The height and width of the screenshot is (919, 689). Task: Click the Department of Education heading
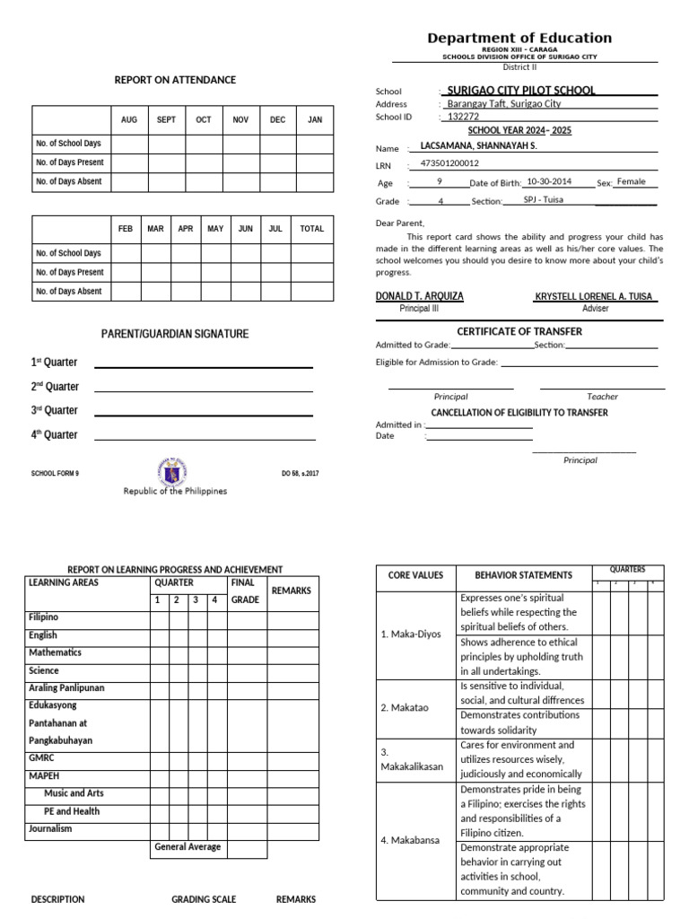point(519,38)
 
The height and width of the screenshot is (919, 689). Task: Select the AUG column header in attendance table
point(129,119)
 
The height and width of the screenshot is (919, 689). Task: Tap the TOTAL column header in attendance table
point(311,229)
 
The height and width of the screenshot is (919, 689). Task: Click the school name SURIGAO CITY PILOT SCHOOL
point(520,91)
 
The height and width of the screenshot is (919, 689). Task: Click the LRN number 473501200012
point(449,163)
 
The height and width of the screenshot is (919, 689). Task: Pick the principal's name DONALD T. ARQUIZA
point(419,296)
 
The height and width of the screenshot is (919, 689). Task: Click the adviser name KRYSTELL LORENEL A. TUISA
point(595,296)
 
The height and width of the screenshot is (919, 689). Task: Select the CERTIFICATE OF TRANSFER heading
point(519,331)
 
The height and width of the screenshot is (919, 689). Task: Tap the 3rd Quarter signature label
point(55,410)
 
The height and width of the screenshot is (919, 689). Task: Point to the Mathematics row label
point(55,652)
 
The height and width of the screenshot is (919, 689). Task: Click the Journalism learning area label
point(50,828)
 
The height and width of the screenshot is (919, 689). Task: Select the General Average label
point(188,846)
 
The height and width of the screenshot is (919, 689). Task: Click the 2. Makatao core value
point(405,707)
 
